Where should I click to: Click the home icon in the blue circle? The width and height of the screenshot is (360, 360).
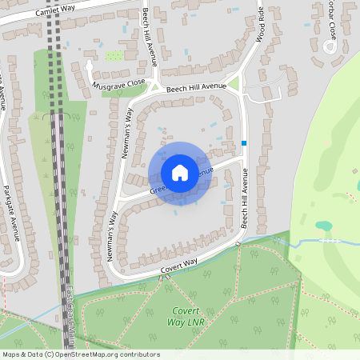pyautogui.click(x=180, y=173)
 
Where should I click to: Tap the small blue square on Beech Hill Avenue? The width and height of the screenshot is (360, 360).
pyautogui.click(x=244, y=143)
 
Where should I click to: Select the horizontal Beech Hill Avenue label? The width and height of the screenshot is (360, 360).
pyautogui.click(x=197, y=90)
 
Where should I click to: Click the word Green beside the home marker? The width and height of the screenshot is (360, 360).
pyautogui.click(x=158, y=189)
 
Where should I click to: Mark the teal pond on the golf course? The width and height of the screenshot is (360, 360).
pyautogui.click(x=323, y=226)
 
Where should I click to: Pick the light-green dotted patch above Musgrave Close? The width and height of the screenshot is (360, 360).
pyautogui.click(x=114, y=56)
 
